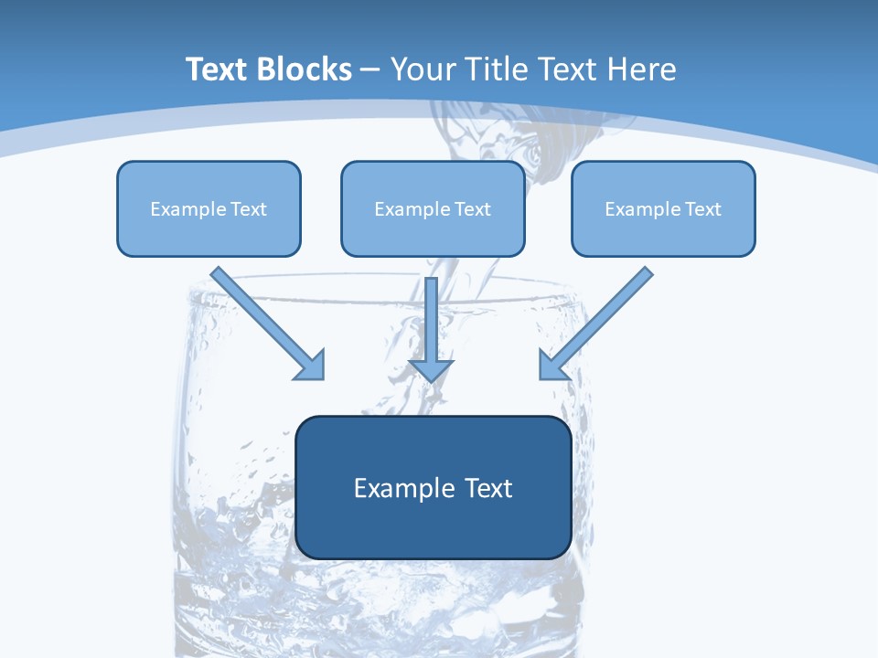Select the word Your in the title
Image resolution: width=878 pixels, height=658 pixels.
tap(423, 69)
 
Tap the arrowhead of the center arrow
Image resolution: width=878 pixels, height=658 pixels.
tap(432, 369)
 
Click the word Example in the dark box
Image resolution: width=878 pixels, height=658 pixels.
tap(399, 489)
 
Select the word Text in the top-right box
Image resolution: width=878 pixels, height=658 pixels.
tap(702, 209)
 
